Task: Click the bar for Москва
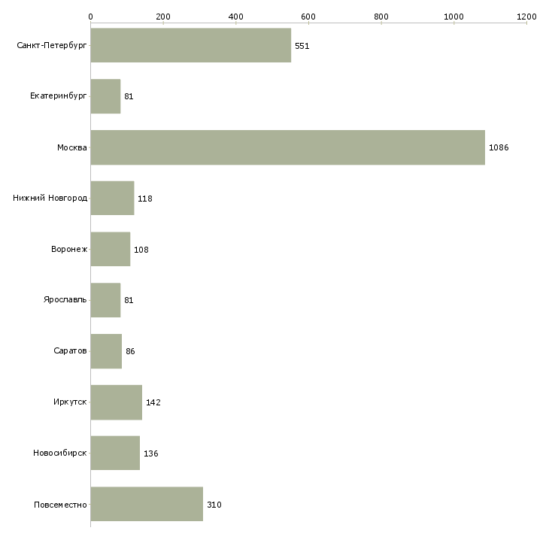pos(287,147)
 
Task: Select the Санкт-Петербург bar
pos(190,46)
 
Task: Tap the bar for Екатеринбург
pos(105,96)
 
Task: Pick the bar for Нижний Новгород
pos(112,199)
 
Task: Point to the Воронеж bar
pos(111,249)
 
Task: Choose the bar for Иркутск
pos(117,402)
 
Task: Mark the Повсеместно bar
pos(147,504)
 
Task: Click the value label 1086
pos(499,147)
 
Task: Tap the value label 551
pos(302,46)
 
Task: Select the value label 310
pos(214,505)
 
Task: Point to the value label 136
pos(151,453)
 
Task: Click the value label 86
pos(130,351)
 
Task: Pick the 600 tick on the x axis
pos(308,16)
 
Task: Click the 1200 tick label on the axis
pos(526,16)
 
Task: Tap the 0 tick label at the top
pos(90,16)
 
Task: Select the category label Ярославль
pos(65,300)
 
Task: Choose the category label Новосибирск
pos(60,453)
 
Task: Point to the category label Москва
pos(72,147)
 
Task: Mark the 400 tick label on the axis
pos(235,16)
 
